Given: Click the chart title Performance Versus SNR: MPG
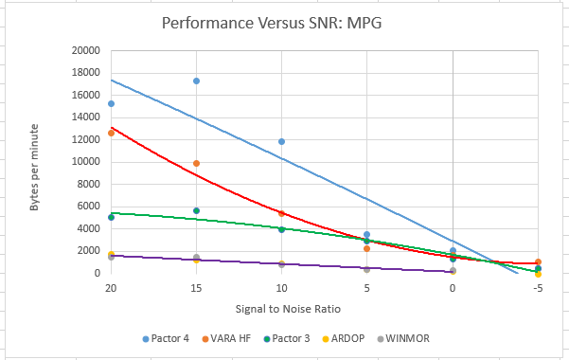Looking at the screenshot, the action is [272, 23].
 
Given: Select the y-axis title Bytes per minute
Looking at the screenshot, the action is [34, 167].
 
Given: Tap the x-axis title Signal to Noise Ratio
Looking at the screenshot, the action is [288, 309].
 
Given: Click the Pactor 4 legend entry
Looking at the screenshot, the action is [166, 338].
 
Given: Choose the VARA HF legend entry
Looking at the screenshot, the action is [226, 338].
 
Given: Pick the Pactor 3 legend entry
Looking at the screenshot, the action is [287, 338].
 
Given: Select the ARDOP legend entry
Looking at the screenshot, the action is [344, 338].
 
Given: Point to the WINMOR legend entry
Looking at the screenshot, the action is [403, 338].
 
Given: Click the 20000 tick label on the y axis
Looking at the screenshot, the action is [85, 50].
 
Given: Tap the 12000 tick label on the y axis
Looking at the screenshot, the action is [85, 139].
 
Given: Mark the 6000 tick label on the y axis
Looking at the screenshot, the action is [88, 206].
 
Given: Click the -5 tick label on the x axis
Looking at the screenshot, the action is [538, 288].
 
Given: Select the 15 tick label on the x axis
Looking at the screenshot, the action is [196, 288].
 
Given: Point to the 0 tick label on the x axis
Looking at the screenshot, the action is [453, 288].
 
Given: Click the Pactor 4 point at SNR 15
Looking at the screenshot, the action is [196, 81].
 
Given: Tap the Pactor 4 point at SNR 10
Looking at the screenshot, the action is [281, 142].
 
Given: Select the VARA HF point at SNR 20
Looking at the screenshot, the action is [111, 134].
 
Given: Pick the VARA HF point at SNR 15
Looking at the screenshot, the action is [196, 164].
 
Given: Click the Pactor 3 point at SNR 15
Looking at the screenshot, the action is [196, 210].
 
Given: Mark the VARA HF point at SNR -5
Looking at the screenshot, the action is [538, 261].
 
